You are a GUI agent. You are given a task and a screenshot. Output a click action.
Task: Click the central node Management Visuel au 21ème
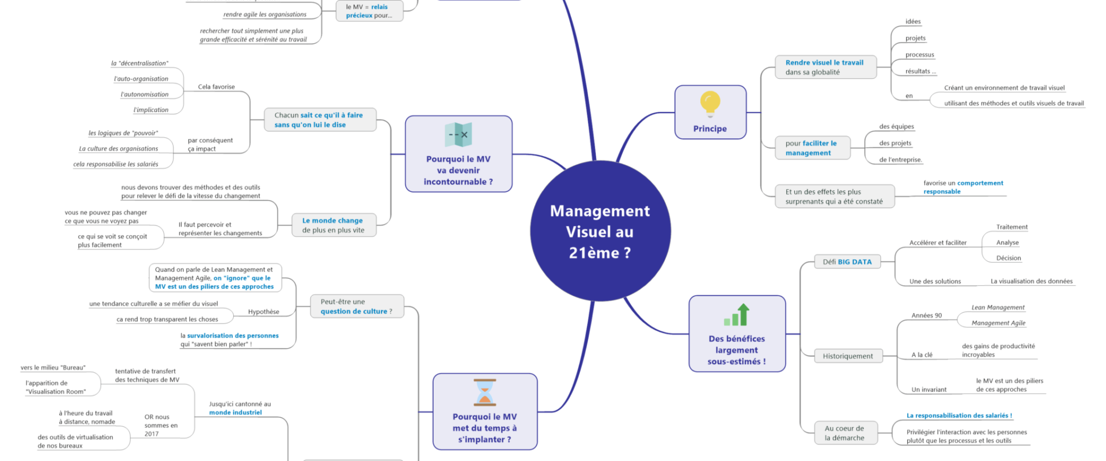pyautogui.click(x=600, y=232)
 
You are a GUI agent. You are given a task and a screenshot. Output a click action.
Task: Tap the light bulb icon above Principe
pyautogui.click(x=710, y=104)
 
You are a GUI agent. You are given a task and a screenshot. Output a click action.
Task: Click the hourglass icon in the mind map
pyautogui.click(x=484, y=392)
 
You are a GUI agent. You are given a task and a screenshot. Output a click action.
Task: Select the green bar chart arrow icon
pyautogui.click(x=737, y=315)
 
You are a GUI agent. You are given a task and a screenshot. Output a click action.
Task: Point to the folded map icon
pyautogui.click(x=459, y=135)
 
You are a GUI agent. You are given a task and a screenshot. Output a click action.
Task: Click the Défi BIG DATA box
pyautogui.click(x=847, y=262)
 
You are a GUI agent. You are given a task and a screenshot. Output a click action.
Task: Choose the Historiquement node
pyautogui.click(x=847, y=356)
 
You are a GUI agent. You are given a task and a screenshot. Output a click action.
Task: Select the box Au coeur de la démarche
pyautogui.click(x=844, y=433)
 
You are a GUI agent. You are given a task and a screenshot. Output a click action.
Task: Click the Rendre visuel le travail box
pyautogui.click(x=824, y=67)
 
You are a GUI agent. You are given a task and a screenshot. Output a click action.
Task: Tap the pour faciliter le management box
pyautogui.click(x=810, y=148)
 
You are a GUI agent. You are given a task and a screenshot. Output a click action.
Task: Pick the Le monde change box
pyautogui.click(x=332, y=225)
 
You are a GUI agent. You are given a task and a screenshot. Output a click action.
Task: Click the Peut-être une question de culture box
pyautogui.click(x=356, y=307)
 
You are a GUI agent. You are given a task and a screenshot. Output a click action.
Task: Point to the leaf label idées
pyautogui.click(x=912, y=22)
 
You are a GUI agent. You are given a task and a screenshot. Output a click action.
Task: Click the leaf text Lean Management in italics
pyautogui.click(x=998, y=308)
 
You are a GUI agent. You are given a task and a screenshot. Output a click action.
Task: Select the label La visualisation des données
pyautogui.click(x=1031, y=281)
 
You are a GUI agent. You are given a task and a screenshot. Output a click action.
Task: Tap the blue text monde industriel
pyautogui.click(x=235, y=413)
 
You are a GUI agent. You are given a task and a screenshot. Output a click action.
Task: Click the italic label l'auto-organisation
pyautogui.click(x=141, y=79)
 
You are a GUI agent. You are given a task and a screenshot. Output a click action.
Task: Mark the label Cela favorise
pyautogui.click(x=216, y=87)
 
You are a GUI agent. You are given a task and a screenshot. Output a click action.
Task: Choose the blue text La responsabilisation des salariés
pyautogui.click(x=959, y=415)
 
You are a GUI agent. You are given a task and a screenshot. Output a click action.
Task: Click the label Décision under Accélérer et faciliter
pyautogui.click(x=1008, y=258)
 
